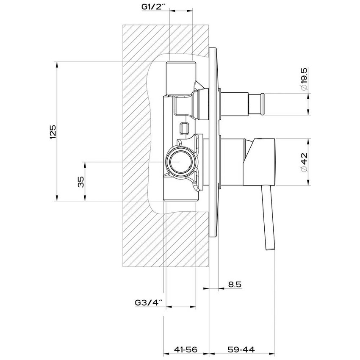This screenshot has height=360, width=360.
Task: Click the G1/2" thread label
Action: tap(153, 7)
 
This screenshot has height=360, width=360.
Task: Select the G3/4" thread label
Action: tap(149, 303)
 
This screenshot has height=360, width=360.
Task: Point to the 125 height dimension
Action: tap(53, 132)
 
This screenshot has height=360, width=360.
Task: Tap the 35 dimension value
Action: tap(81, 182)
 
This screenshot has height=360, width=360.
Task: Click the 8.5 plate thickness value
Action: tap(235, 285)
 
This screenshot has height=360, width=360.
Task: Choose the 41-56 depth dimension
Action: tap(186, 349)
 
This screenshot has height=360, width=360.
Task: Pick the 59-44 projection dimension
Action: tap(241, 349)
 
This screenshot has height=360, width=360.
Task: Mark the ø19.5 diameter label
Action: tap(304, 79)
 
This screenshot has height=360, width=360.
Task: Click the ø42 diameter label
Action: tap(304, 162)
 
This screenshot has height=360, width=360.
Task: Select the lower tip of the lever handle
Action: tap(270, 249)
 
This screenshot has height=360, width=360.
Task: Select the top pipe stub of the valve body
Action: tap(181, 78)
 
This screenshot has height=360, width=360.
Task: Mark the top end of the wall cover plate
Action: tap(213, 48)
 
